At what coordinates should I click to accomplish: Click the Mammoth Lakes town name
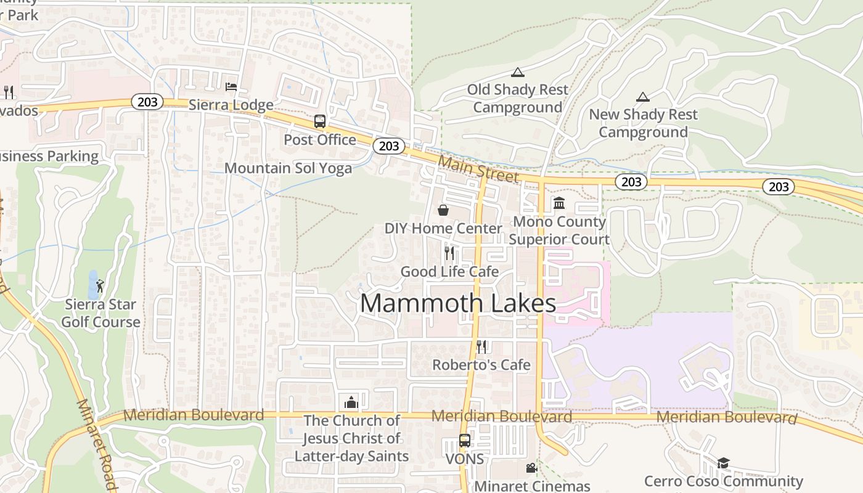click(x=457, y=303)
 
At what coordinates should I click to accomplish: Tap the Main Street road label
click(x=478, y=168)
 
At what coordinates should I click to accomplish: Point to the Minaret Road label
click(x=97, y=443)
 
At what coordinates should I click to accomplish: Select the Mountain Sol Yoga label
click(x=288, y=168)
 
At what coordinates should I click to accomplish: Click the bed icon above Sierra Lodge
click(x=231, y=87)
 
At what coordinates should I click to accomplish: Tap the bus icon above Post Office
click(x=319, y=121)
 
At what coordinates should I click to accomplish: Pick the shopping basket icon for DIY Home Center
click(x=443, y=210)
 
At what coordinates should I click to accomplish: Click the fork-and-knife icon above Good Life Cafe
click(x=449, y=253)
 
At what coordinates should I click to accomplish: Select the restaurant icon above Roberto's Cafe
click(x=481, y=346)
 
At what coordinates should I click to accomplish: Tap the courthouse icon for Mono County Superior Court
click(x=559, y=203)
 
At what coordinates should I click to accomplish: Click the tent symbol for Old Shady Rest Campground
click(x=517, y=72)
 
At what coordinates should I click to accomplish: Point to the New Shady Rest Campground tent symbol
click(x=643, y=97)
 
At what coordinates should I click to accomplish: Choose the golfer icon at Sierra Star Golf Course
click(x=100, y=286)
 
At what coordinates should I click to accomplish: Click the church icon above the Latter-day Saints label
click(x=351, y=402)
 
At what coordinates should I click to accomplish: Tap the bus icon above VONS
click(x=464, y=441)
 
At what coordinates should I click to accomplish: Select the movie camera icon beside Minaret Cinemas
click(x=531, y=468)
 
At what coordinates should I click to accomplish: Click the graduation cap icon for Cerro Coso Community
click(x=723, y=463)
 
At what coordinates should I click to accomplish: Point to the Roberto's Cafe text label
click(x=481, y=365)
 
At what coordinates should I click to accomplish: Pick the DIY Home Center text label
click(x=443, y=229)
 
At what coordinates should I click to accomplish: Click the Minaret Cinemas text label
click(x=532, y=486)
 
